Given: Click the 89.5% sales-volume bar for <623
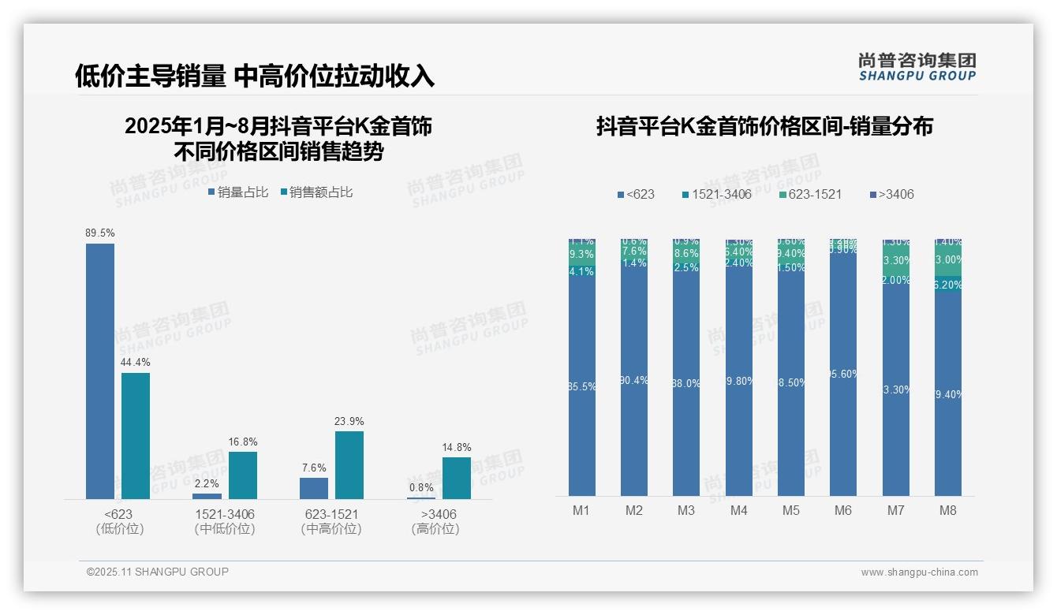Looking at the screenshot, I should coord(100,371).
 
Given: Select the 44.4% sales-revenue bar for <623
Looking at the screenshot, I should coord(136,435).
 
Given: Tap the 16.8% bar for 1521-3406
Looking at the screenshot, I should coord(243,475).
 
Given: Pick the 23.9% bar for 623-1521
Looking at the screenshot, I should coord(349,464).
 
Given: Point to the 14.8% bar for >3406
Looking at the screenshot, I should coord(456,478).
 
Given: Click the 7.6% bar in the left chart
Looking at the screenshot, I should coord(314,488).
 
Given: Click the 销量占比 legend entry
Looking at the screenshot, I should coord(238,192).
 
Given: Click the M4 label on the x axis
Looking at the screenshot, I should coord(738,510).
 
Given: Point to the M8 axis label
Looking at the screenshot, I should coord(947,510).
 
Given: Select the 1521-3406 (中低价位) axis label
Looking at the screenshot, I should coord(225,521).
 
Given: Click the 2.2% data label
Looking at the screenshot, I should coord(207,483).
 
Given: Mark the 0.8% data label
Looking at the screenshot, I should coord(421,487).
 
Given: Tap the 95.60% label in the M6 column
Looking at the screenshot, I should coord(843,375).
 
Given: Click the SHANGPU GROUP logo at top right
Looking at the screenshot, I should coord(917,67).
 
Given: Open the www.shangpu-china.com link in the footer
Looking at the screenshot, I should coord(919,572).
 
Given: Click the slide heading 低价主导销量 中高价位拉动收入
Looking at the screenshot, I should coord(254,76).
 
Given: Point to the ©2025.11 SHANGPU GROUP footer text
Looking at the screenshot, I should coord(158,572).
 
